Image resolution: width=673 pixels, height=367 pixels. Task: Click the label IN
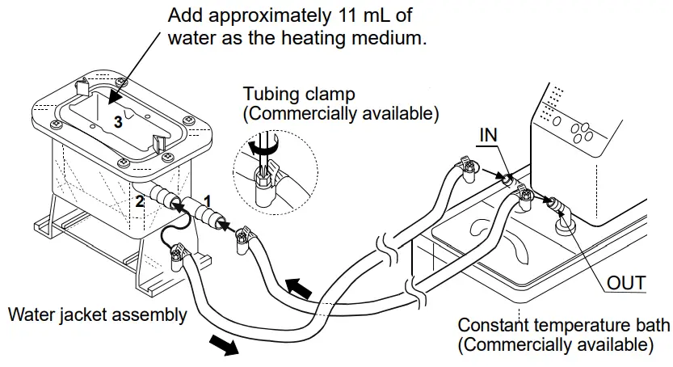487,136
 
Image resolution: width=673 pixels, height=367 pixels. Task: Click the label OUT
627,283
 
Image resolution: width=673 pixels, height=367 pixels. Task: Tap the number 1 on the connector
208,197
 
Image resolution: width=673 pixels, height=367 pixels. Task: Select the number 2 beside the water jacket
139,202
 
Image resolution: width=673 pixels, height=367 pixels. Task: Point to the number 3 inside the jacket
118,123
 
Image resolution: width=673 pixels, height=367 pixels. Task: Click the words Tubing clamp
298,95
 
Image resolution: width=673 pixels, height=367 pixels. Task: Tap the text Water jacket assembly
97,314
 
